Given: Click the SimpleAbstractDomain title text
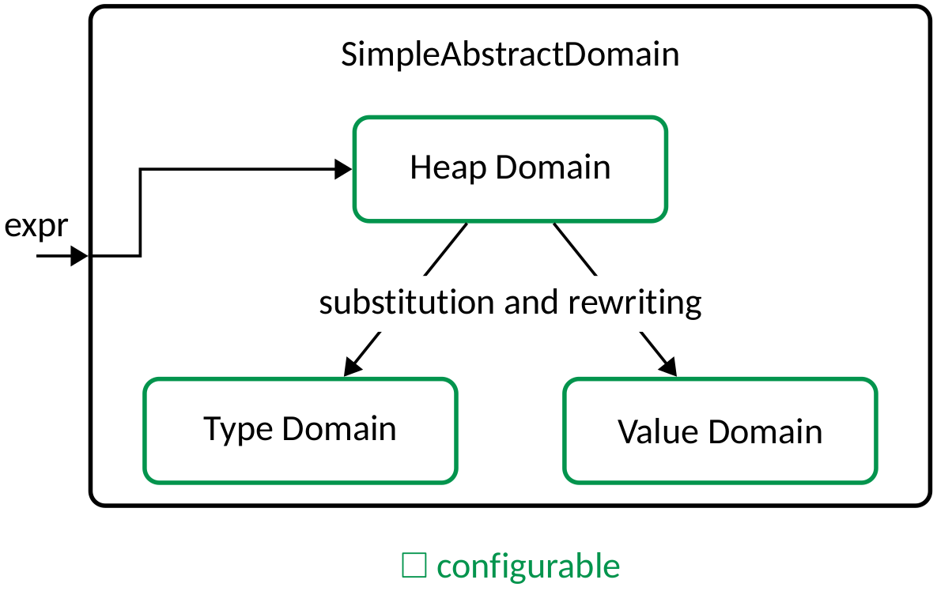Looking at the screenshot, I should coord(510,55).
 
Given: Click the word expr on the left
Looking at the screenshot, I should coord(36,227).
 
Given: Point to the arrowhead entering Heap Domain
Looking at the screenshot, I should coord(343,168).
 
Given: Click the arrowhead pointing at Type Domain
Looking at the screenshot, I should coord(353,365).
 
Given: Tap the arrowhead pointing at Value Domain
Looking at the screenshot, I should coord(669,366).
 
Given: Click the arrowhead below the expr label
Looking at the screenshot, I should coord(78,256).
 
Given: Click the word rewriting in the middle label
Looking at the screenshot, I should coord(634,303).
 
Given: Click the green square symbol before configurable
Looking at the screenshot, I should coord(414,566).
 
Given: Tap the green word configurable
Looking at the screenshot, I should coord(528,567).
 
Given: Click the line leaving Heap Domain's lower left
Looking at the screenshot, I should coord(446,249).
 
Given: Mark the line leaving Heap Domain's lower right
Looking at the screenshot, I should coord(574,249).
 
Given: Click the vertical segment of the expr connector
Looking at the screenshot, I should coord(140,212).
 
